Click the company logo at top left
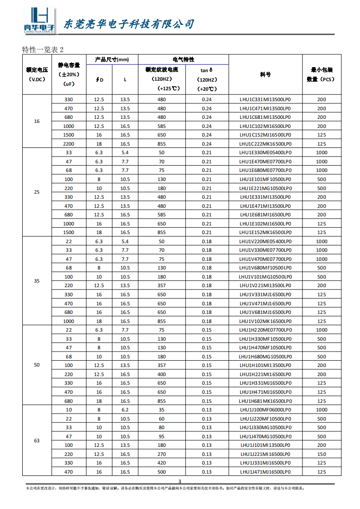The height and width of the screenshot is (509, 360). click(39, 20)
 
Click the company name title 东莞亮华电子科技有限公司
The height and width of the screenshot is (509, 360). click(129, 24)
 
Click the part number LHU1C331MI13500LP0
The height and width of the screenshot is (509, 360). click(265, 99)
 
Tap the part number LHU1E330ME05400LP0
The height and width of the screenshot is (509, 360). click(265, 152)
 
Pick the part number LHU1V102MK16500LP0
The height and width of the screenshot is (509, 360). click(265, 321)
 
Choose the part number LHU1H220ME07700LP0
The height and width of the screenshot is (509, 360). click(265, 330)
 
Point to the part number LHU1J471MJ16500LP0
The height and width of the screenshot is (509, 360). click(265, 472)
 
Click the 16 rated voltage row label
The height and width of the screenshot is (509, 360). click(37, 122)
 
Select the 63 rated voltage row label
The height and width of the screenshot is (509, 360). click(37, 440)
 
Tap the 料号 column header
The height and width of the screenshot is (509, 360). click(265, 74)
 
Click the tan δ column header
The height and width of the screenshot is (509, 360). click(207, 70)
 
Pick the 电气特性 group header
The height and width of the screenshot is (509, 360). click(183, 59)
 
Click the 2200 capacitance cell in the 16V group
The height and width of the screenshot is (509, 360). click(69, 144)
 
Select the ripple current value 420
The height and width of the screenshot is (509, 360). click(162, 463)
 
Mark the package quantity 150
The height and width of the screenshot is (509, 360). click(321, 454)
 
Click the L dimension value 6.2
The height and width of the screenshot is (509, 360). click(125, 410)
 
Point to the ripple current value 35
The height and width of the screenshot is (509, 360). click(162, 410)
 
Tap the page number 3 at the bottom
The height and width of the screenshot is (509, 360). click(180, 481)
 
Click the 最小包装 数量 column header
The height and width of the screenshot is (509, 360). click(321, 74)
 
